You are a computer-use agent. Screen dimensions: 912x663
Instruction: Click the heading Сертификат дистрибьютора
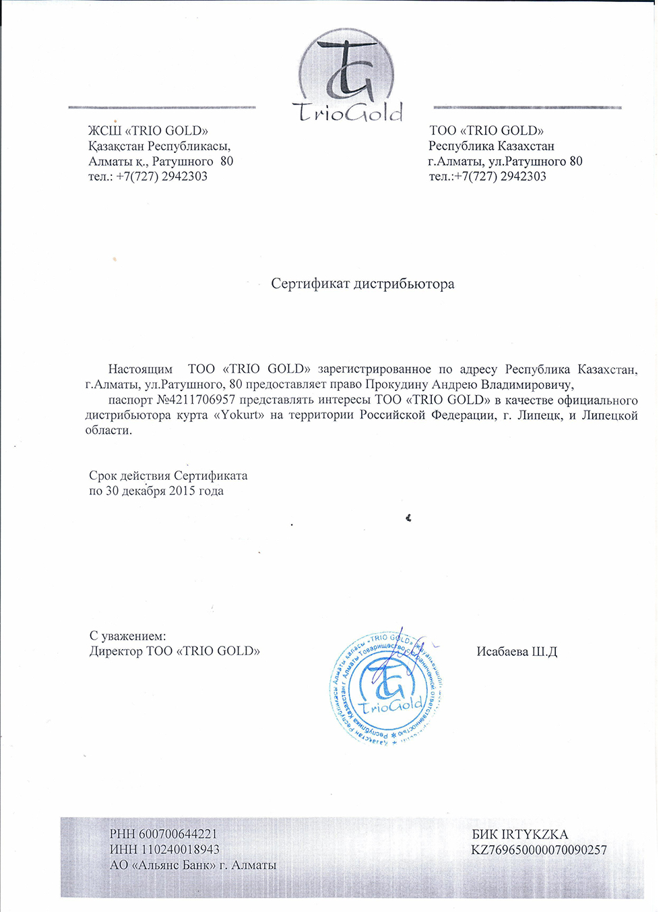(x=362, y=284)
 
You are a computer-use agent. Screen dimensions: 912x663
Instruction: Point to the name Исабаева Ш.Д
(x=517, y=652)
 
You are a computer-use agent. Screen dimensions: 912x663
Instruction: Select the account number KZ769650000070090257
(x=539, y=850)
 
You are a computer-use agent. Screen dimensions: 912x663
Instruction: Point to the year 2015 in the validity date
(x=182, y=491)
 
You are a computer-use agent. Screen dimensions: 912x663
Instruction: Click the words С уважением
(x=127, y=636)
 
